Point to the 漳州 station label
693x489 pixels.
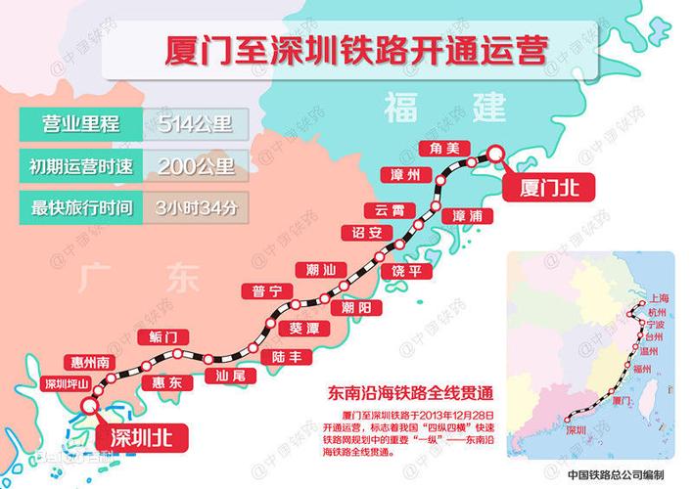(x=404, y=175)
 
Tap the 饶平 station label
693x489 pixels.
(x=404, y=270)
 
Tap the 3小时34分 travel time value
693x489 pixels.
(x=196, y=206)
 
